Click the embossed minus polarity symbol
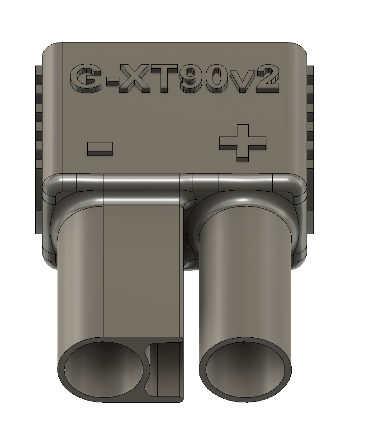click(x=99, y=148)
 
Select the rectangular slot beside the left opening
click(x=166, y=368)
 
